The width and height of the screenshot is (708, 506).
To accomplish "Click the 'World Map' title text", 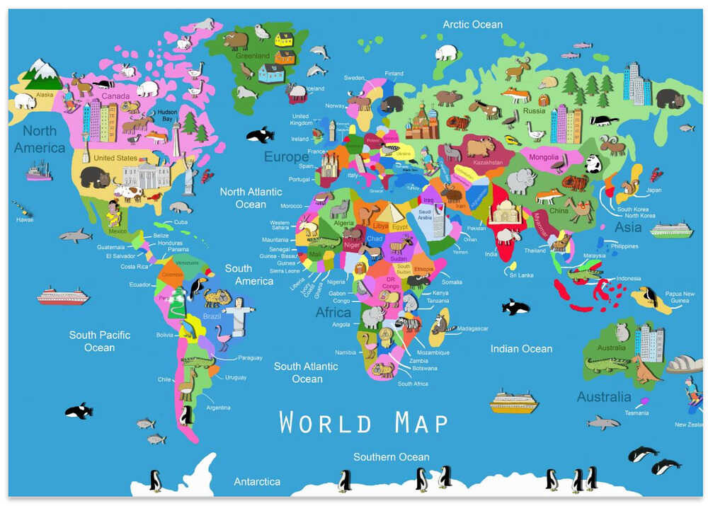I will click(x=364, y=422).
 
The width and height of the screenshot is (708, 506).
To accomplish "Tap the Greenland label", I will click(x=253, y=56).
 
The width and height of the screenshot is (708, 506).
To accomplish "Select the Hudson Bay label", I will click(x=167, y=115).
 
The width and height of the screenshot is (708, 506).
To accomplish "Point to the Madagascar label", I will click(x=473, y=328).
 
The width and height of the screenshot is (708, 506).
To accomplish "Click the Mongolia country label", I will click(x=544, y=157).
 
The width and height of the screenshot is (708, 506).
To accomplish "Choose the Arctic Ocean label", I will click(x=472, y=25).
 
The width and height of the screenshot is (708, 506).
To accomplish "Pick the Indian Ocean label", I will click(x=521, y=348).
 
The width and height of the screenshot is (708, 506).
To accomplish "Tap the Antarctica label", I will click(x=257, y=481).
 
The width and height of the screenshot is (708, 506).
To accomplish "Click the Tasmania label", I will click(x=636, y=413).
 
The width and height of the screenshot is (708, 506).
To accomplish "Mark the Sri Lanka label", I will click(x=521, y=275).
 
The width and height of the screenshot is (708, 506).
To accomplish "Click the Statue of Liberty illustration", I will click(x=189, y=174).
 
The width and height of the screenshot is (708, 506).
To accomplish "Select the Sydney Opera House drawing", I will click(x=684, y=364).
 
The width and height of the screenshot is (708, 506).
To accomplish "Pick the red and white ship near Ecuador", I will click(x=63, y=296).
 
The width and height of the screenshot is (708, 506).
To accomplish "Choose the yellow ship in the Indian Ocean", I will click(x=514, y=401).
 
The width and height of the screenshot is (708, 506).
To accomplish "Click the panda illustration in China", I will click(x=593, y=164).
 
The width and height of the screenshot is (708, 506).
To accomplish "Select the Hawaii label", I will click(x=25, y=219).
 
